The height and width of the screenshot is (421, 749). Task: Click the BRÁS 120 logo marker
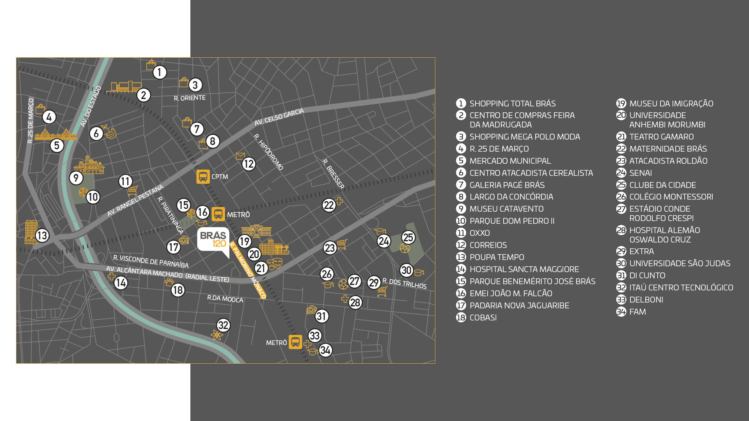click(213, 239)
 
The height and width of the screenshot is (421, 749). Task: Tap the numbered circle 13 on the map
click(42, 235)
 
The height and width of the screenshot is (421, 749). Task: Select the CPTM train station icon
click(203, 177)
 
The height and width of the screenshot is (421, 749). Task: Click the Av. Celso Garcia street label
click(279, 117)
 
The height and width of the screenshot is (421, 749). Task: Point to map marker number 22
click(329, 205)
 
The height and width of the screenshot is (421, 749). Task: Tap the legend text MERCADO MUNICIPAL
click(510, 161)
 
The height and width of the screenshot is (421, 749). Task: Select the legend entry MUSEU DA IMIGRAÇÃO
click(671, 104)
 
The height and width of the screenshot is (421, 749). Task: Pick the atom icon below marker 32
click(217, 335)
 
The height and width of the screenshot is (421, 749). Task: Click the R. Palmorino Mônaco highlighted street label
click(248, 270)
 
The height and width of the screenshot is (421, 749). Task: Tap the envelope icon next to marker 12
click(240, 156)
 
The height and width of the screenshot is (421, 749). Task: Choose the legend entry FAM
click(637, 312)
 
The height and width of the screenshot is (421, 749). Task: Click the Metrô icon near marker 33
click(295, 342)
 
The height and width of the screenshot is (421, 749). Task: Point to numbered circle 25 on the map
click(408, 237)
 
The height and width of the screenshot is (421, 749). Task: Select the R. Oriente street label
click(190, 98)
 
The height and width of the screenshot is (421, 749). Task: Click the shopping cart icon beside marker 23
click(342, 244)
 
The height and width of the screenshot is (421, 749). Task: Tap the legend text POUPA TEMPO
click(497, 257)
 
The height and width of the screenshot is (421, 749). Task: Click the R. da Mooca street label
click(225, 299)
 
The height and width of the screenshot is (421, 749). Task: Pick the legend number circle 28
click(621, 230)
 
